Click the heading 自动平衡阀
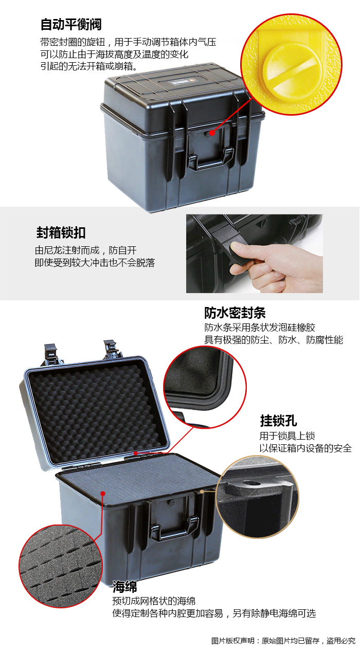pyautogui.click(x=71, y=24)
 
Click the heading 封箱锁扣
pyautogui.click(x=61, y=232)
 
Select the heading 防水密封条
pyautogui.click(x=235, y=313)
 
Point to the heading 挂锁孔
pyautogui.click(x=278, y=421)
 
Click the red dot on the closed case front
pyautogui.click(x=212, y=133)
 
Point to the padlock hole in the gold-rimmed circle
pyautogui.click(x=250, y=483)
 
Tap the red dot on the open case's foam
pyautogui.click(x=103, y=493)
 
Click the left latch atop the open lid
pyautogui.click(x=51, y=354)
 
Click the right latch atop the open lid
pyautogui.click(x=112, y=349)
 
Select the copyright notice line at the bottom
pyautogui.click(x=283, y=641)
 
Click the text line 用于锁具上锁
pyautogui.click(x=287, y=436)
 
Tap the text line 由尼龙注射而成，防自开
pyautogui.click(x=85, y=250)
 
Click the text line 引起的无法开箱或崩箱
pyautogui.click(x=88, y=66)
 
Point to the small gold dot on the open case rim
pyautogui.click(x=202, y=491)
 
